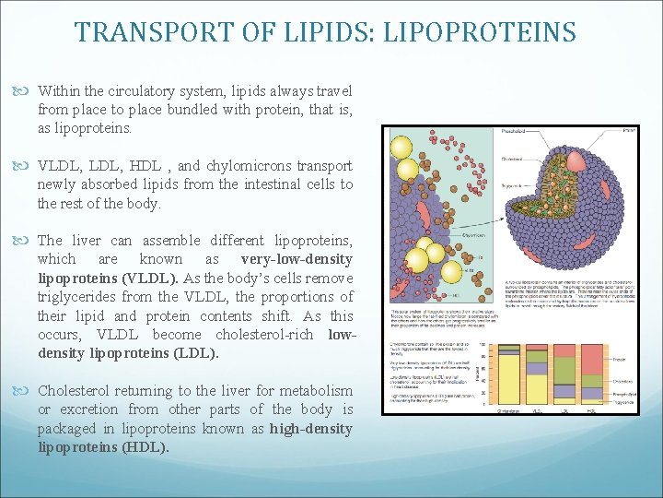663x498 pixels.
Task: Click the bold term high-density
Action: coord(310,428)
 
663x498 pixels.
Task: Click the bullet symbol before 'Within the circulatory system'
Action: coord(25,91)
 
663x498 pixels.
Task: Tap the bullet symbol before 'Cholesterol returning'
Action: coord(25,390)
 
